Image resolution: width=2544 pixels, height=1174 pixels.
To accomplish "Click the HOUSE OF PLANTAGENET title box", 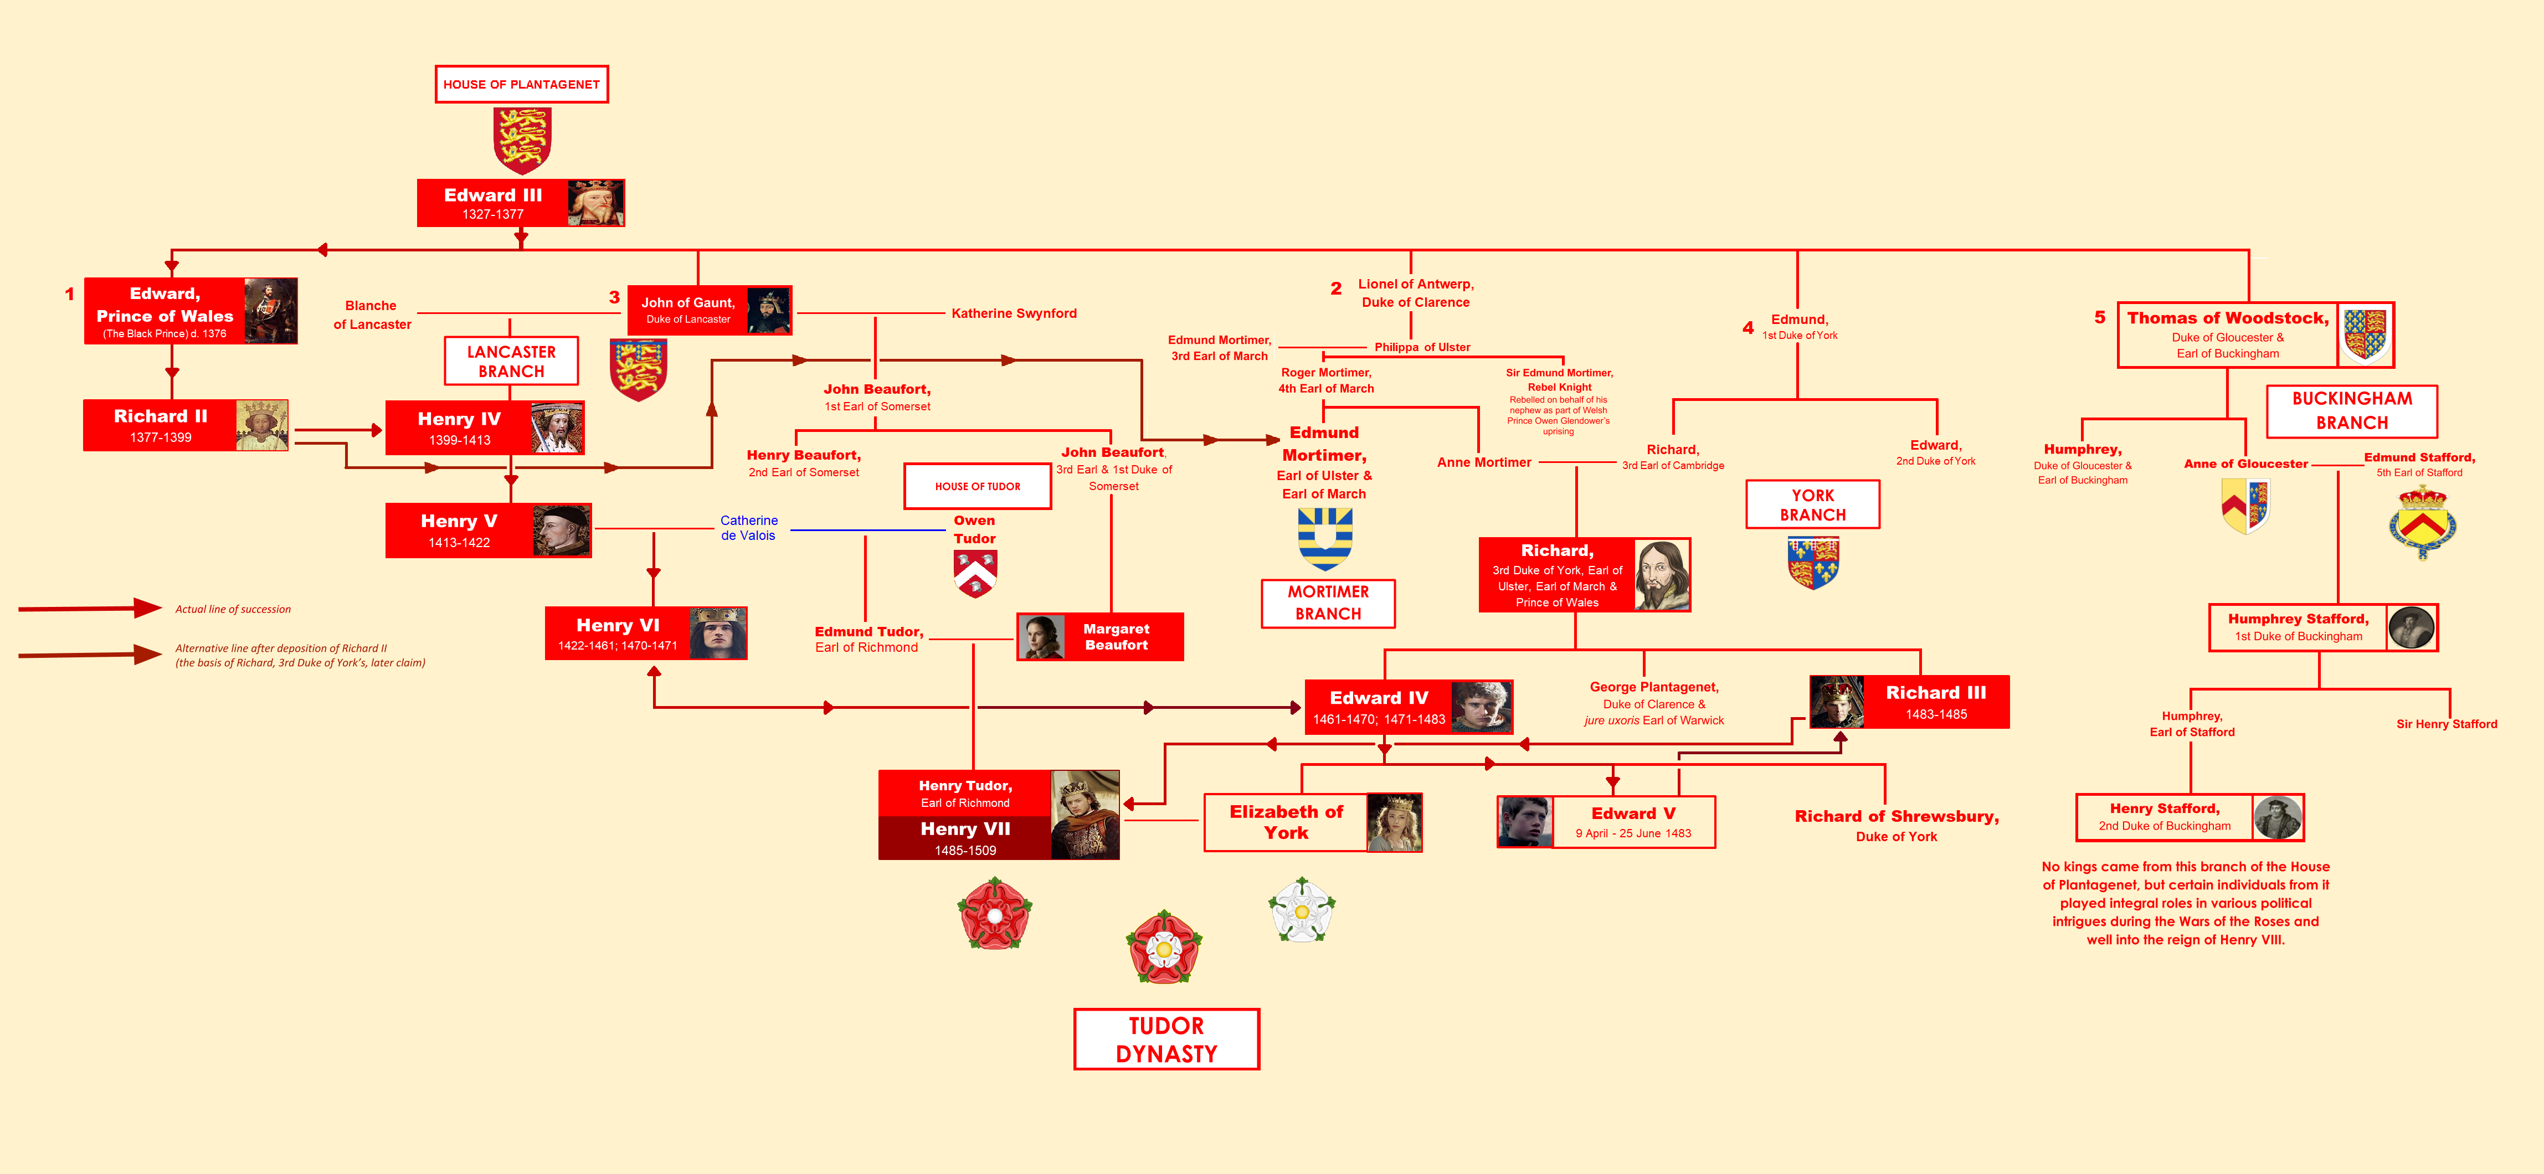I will [x=521, y=84].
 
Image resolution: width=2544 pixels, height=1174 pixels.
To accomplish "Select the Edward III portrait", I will [x=595, y=203].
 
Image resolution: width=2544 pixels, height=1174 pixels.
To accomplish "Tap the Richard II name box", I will [x=160, y=425].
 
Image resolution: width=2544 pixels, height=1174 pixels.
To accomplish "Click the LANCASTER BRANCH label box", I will [x=511, y=362].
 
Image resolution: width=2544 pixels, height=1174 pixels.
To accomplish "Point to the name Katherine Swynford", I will [x=1013, y=313].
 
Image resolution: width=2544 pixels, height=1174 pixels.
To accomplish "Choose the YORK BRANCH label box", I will [x=1812, y=504].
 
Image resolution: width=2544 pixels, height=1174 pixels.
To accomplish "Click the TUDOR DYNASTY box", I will [x=1166, y=1039].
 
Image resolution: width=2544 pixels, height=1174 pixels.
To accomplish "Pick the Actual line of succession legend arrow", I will [x=89, y=608].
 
